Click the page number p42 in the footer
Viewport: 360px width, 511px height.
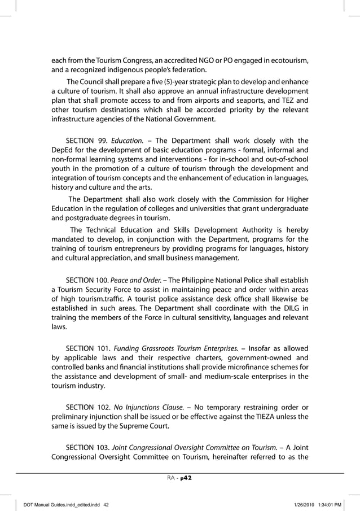187,478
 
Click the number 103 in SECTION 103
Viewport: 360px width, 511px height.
103,448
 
